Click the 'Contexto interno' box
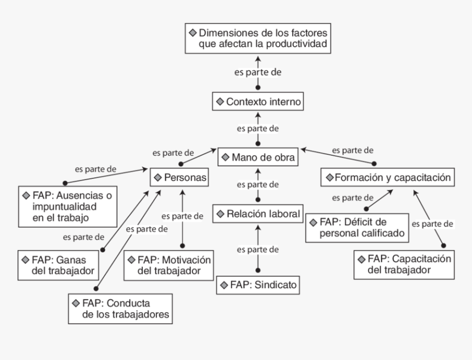pyautogui.click(x=257, y=102)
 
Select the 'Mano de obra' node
pyautogui.click(x=258, y=157)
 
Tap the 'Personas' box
pyautogui.click(x=180, y=177)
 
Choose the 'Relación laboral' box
pyautogui.click(x=258, y=214)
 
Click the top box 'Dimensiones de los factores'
pyautogui.click(x=258, y=38)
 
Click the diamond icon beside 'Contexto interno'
pyautogui.click(x=220, y=102)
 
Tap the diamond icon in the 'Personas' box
pyautogui.click(x=158, y=177)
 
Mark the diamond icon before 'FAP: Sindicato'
pyautogui.click(x=224, y=285)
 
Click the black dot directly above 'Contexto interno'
pyautogui.click(x=258, y=87)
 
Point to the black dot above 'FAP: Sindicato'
pyautogui.click(x=258, y=270)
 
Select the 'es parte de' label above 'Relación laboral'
pyautogui.click(x=258, y=184)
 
